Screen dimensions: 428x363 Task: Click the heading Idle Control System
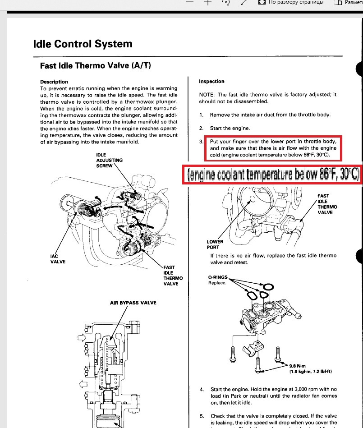83,44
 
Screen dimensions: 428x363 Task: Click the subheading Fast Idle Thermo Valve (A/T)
95,66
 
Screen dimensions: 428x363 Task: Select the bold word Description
54,82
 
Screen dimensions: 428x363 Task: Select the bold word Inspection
211,82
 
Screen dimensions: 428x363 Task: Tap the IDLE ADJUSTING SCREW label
110,160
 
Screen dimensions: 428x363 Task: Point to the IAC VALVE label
57,259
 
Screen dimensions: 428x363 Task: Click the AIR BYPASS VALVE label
133,303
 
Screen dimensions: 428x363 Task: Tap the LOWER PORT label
215,244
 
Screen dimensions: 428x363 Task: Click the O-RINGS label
218,277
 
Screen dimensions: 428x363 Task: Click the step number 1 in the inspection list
201,115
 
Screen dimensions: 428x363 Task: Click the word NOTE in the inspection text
207,95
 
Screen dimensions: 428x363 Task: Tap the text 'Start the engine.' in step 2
230,129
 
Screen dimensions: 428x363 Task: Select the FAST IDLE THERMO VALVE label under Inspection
327,204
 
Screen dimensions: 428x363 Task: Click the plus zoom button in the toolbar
208,2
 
